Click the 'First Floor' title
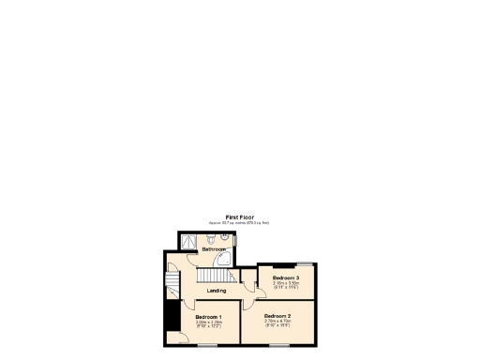pos(240,217)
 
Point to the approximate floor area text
pos(240,222)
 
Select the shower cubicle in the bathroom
pos(190,240)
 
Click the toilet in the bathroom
pos(212,239)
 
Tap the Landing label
pos(217,291)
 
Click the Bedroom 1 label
pos(208,317)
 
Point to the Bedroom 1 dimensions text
pos(208,324)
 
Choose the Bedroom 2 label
pos(277,316)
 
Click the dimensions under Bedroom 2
pos(277,322)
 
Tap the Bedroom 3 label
pos(286,278)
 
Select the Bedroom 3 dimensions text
pos(286,285)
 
